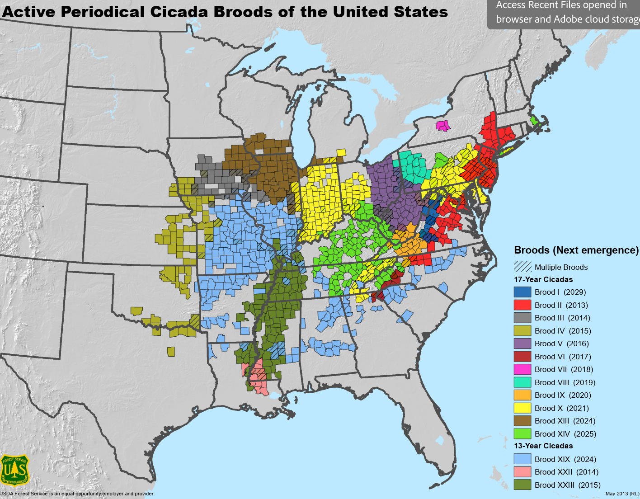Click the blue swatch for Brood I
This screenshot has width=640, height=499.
(x=522, y=292)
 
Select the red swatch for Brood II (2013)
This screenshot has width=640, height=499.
(x=522, y=305)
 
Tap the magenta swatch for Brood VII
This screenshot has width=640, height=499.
(x=522, y=369)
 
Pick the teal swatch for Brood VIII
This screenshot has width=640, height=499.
(x=522, y=382)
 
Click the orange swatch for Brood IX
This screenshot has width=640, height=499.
(x=522, y=395)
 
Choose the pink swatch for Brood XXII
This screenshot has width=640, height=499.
(x=522, y=472)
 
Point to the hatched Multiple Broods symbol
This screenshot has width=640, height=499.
(x=522, y=267)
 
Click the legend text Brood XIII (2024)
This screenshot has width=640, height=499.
(x=565, y=421)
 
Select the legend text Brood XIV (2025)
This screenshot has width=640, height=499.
(x=565, y=434)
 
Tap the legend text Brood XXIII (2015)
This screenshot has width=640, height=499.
(x=567, y=485)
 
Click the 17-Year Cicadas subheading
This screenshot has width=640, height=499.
(x=543, y=279)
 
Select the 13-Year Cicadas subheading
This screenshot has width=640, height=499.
(x=543, y=446)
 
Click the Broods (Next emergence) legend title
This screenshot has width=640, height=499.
(x=576, y=250)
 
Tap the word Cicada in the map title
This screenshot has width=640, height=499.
(x=177, y=12)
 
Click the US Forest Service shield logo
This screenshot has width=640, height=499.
(x=15, y=471)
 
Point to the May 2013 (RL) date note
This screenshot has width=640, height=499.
(x=622, y=494)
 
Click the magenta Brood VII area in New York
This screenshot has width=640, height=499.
(x=443, y=125)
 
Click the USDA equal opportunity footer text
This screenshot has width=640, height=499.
(x=77, y=494)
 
